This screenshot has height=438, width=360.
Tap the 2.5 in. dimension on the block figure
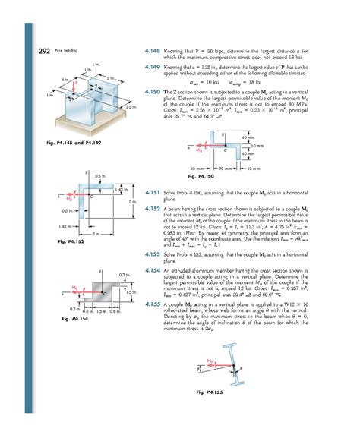point(131,108)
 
